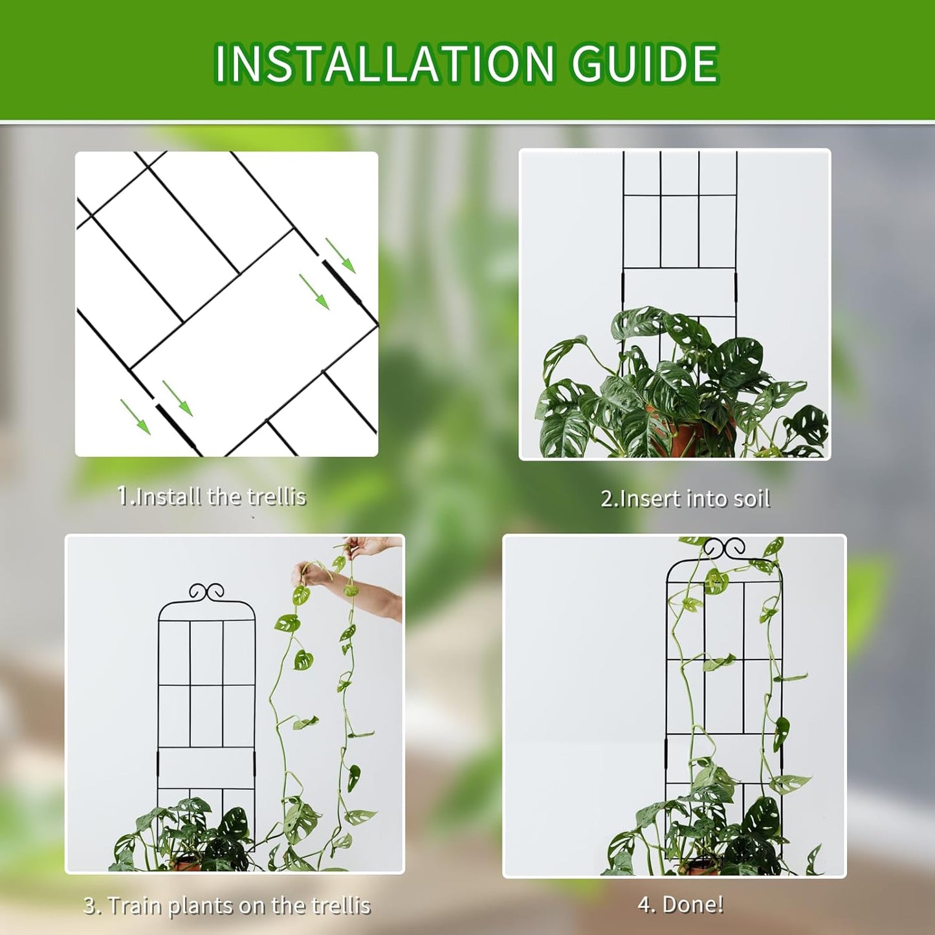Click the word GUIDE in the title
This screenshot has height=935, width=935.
pos(644,63)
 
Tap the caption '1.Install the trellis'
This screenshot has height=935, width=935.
pos(212,496)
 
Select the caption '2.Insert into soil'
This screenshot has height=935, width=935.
pos(685,499)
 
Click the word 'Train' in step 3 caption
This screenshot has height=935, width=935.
pos(135,905)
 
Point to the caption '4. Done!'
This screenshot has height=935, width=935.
pos(681,904)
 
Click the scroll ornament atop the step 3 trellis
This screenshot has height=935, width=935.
pos(206,591)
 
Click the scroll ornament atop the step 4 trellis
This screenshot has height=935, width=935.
pos(724,548)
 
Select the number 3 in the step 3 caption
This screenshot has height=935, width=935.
pos(89,905)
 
